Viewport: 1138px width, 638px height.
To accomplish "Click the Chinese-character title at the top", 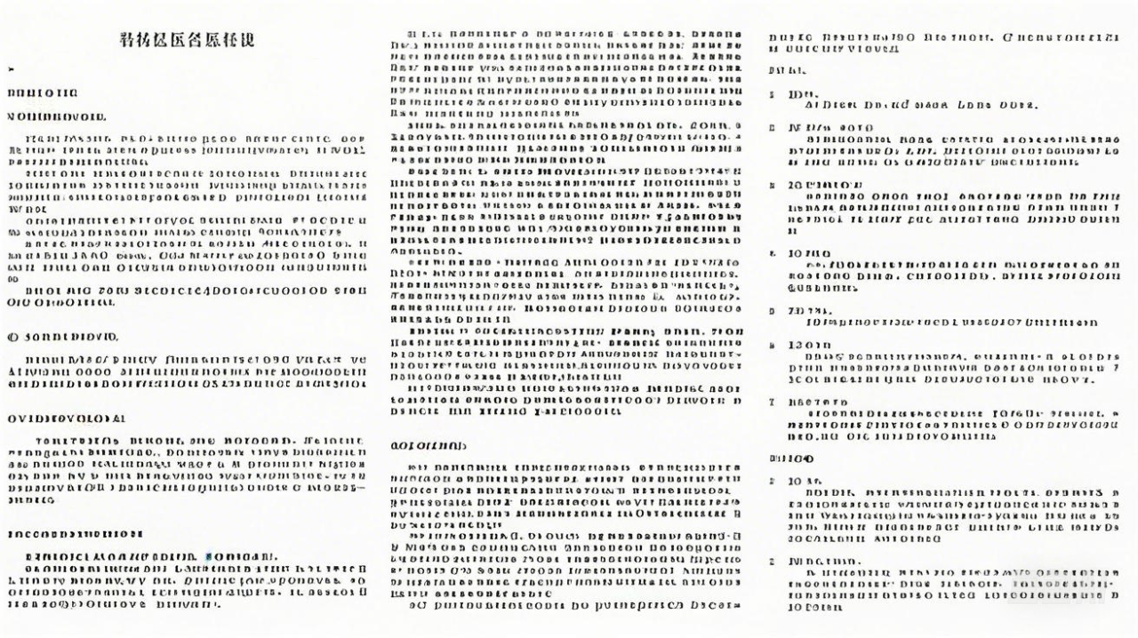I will tap(186, 40).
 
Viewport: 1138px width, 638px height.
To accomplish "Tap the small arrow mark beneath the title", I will tap(10, 68).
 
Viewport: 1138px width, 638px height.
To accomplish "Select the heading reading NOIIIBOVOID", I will tap(57, 116).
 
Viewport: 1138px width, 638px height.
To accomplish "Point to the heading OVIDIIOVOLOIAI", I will tap(67, 418).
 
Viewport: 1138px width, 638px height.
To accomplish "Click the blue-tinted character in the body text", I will tap(209, 557).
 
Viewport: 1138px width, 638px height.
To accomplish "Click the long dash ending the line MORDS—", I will tap(359, 488).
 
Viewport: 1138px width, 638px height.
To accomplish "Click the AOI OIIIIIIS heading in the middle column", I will tap(429, 444).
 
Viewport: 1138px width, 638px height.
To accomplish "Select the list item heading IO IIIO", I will tap(809, 253).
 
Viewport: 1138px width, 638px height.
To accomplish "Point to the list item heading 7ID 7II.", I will tap(809, 311).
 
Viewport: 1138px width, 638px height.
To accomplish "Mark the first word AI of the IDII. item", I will tap(811, 105).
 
